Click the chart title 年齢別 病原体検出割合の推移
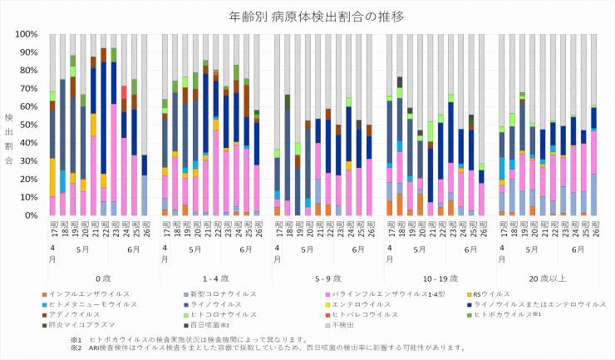tap(307, 16)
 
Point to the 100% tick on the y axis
tap(27, 35)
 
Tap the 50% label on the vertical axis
tap(28, 126)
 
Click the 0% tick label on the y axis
tap(31, 216)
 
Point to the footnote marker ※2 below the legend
tap(76, 348)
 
